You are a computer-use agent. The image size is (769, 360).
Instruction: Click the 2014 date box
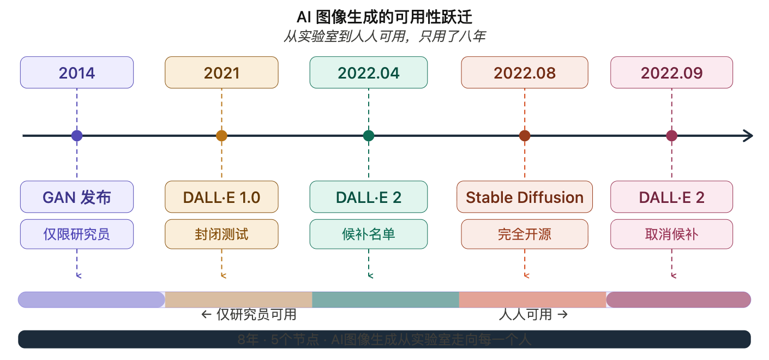pos(77,73)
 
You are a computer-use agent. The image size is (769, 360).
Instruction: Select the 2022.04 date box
pos(369,73)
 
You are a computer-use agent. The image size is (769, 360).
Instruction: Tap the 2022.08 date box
pos(525,73)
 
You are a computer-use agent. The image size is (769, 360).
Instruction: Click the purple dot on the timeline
pos(77,136)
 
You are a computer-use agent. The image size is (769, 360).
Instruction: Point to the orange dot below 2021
pos(221,136)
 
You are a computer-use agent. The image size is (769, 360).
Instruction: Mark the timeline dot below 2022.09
pos(671,136)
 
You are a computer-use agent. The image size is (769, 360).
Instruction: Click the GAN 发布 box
pos(77,197)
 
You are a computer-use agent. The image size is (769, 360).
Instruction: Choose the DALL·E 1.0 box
pos(221,197)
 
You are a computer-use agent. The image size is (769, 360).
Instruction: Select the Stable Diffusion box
pos(525,197)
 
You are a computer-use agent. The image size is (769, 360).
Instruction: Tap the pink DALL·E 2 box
pos(671,197)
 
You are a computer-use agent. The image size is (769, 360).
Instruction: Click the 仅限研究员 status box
pos(77,234)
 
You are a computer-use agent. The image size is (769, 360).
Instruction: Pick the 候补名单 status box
pos(369,234)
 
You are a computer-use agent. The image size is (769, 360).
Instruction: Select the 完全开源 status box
pos(525,234)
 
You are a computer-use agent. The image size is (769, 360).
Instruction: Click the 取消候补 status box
pos(671,234)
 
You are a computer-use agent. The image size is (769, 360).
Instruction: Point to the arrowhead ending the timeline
pos(748,136)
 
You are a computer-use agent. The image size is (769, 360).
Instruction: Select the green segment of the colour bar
pos(386,299)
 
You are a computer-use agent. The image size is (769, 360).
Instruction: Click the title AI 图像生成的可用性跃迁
pos(384,17)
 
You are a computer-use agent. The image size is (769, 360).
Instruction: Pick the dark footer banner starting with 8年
pos(384,339)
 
